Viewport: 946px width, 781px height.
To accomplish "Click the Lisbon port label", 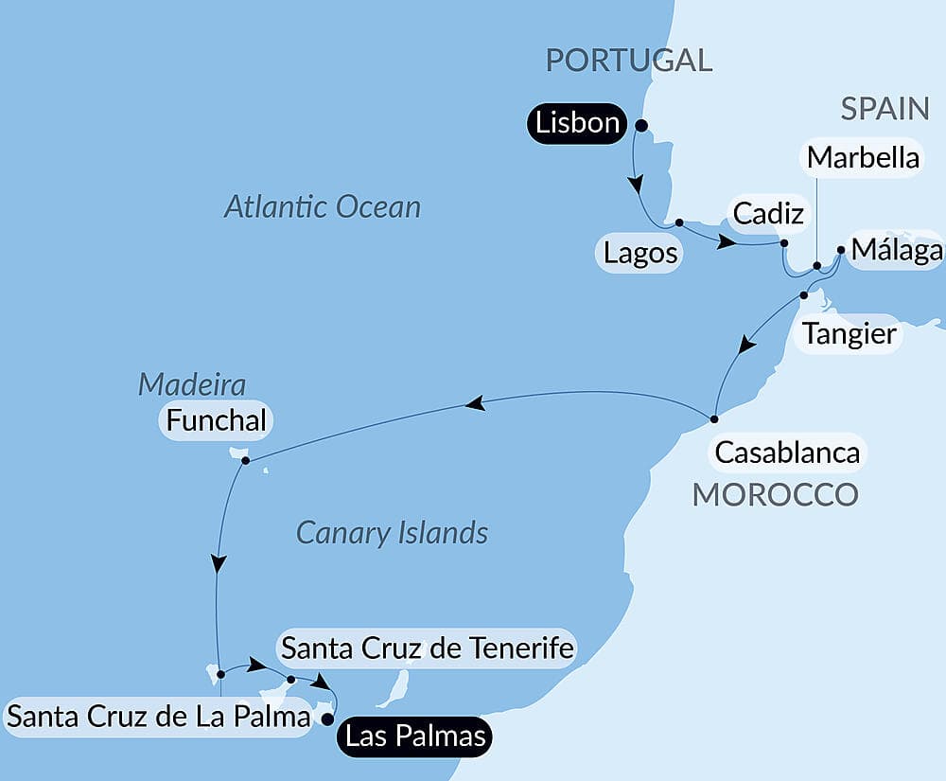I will [x=578, y=123].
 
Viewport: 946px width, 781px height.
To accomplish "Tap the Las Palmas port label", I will [x=416, y=736].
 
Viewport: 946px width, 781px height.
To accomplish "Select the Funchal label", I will [x=217, y=420].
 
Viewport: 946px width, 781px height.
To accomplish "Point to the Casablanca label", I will [x=787, y=453].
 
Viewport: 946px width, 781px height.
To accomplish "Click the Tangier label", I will [x=849, y=333].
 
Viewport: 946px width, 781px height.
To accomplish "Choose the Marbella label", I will [x=863, y=157].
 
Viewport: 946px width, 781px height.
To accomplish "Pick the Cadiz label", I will [x=768, y=214].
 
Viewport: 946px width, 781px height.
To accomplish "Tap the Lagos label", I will [x=640, y=253].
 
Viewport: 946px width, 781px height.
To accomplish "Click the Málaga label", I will [x=896, y=250].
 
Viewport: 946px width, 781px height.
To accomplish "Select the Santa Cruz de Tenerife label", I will [x=428, y=648].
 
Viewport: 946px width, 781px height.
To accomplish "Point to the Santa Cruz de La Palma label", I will [x=159, y=717].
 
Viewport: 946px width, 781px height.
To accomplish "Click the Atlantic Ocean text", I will [x=322, y=207].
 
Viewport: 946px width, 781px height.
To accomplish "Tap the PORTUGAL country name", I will [x=629, y=61].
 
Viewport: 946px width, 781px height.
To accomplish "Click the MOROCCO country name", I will [x=776, y=494].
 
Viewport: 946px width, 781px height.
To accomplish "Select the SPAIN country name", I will [x=885, y=109].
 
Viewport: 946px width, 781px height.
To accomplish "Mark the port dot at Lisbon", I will [x=640, y=125].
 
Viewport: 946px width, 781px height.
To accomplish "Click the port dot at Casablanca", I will [x=715, y=417].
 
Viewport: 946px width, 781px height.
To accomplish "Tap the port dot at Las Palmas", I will [x=328, y=719].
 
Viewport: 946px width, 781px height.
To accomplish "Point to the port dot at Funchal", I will [x=245, y=461].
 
